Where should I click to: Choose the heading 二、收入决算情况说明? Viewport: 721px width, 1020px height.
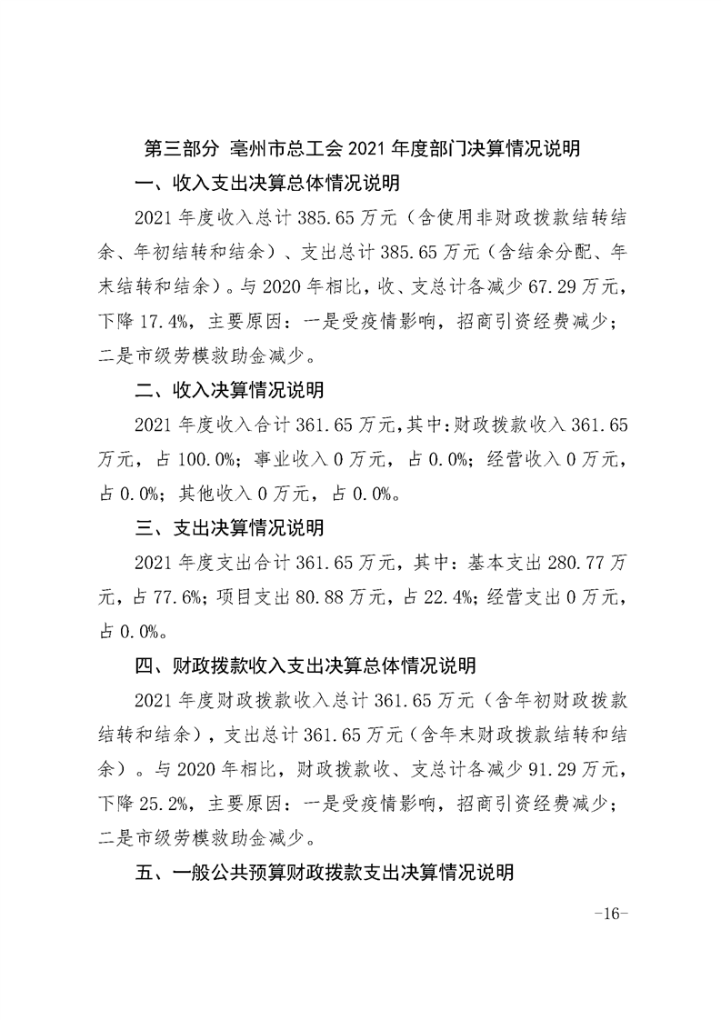(228, 391)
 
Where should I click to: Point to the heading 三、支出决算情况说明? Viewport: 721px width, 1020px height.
(228, 527)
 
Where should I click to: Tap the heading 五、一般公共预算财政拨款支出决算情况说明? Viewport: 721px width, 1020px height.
(324, 873)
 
